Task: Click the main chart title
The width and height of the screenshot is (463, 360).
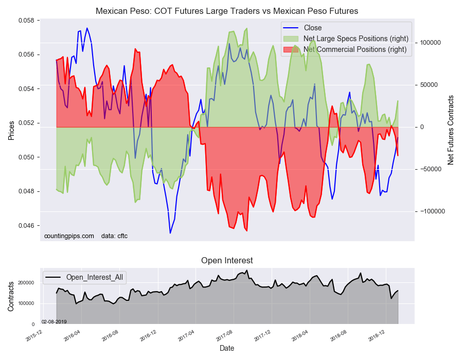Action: pos(227,11)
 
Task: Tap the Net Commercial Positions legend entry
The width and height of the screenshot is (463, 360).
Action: pos(355,49)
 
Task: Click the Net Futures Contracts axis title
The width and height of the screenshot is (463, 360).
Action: pos(451,130)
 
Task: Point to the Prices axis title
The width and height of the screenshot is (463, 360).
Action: pos(11,130)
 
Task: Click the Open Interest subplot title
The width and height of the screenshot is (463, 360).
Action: pos(227,261)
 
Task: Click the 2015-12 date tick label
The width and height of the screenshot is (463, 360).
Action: pos(34,336)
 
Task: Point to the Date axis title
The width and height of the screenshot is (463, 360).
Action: pos(227,348)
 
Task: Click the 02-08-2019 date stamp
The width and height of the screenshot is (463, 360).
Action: pos(54,321)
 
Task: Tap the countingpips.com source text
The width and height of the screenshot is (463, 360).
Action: pos(69,236)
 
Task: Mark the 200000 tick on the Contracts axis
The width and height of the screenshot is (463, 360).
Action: pos(26,283)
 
